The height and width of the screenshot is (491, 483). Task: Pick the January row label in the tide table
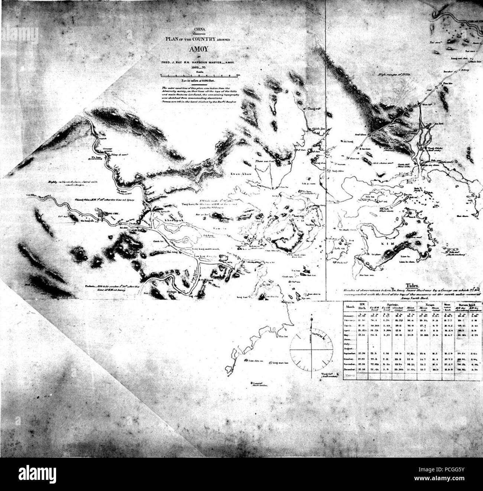350,314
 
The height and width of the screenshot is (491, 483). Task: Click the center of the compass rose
311,351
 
